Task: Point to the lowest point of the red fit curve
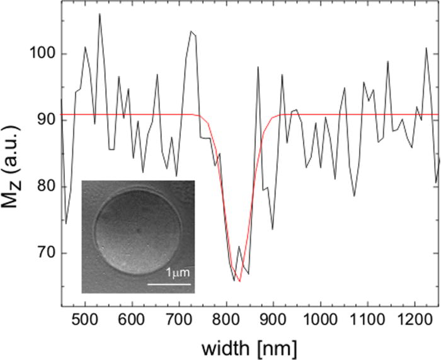[239, 281]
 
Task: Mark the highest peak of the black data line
[100, 14]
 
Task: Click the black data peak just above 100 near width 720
[191, 31]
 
